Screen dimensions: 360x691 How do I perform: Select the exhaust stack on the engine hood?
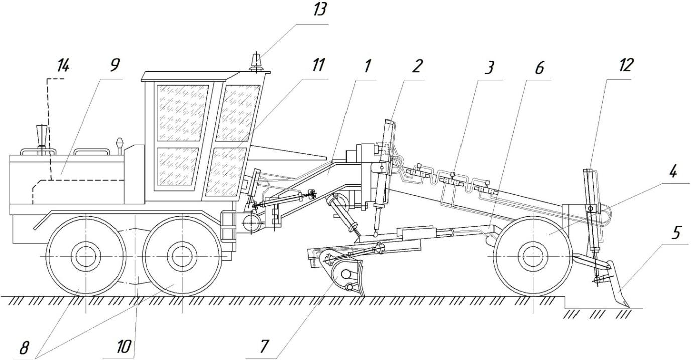(x=40, y=137)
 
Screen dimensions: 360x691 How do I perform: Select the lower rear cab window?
(x=175, y=166)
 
